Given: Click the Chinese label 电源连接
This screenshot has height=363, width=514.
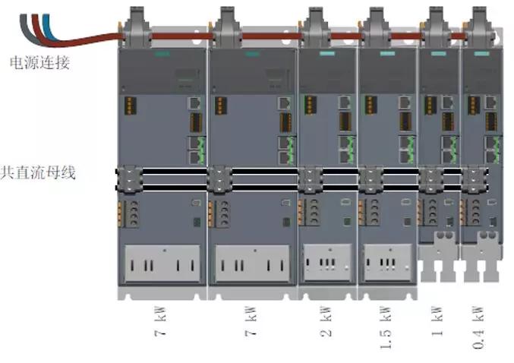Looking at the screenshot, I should (x=39, y=63).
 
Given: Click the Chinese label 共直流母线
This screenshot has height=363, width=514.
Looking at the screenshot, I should (x=39, y=172).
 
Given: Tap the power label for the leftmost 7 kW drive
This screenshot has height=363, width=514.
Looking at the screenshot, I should (x=162, y=322).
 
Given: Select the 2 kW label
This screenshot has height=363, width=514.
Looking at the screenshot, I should (x=327, y=322).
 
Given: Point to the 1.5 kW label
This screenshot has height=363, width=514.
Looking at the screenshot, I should (x=386, y=327).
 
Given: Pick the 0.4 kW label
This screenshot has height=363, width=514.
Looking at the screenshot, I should (x=478, y=327).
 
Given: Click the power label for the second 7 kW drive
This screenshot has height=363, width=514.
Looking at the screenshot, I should (x=251, y=322).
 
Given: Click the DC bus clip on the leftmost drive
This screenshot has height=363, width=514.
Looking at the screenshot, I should (x=128, y=179).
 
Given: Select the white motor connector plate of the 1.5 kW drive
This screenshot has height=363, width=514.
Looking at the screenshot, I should (x=386, y=262).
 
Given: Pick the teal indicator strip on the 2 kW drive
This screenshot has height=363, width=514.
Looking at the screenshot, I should (x=327, y=55).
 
